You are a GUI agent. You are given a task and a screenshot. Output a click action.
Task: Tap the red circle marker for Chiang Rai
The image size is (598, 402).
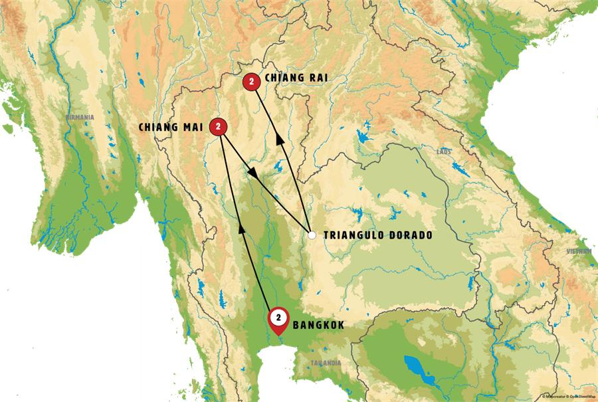click(251, 81)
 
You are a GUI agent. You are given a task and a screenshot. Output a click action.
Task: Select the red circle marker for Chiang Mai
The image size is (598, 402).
click(218, 126)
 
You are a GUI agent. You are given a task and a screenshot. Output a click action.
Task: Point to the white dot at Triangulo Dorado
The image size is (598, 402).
click(312, 235)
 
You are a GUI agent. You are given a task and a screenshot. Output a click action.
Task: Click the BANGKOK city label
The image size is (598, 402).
click(318, 326)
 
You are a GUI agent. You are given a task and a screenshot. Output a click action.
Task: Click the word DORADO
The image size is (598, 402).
click(412, 235)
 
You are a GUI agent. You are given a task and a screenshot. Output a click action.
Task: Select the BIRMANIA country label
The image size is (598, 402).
click(80, 118)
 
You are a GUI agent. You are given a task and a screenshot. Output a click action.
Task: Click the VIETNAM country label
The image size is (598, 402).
click(579, 251)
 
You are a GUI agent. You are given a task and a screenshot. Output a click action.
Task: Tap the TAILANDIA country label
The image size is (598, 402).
click(326, 363)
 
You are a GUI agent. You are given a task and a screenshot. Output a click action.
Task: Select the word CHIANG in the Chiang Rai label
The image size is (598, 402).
click(284, 78)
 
